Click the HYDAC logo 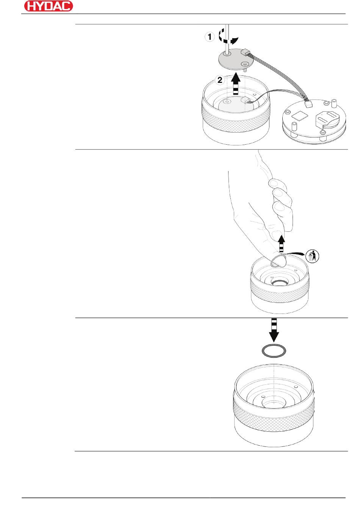48,6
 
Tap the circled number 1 210,37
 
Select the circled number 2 219,80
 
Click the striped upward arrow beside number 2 236,84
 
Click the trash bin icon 311,256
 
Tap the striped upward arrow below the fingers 281,243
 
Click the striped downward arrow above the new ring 274,329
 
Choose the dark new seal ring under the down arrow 274,351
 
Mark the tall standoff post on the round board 335,103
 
